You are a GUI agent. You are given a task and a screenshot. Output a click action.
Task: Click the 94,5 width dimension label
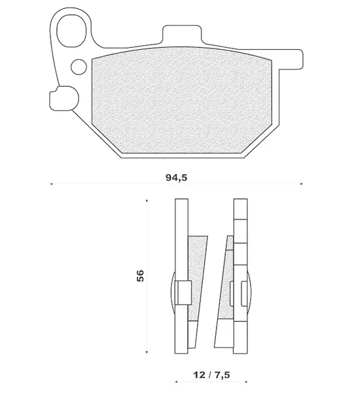(176, 178)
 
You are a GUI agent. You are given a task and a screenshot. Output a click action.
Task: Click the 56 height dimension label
(141, 276)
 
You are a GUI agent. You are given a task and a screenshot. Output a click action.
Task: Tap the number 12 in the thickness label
(199, 375)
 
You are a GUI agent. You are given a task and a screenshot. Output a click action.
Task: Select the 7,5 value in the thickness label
(221, 375)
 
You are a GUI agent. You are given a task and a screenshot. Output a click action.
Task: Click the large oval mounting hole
(71, 31)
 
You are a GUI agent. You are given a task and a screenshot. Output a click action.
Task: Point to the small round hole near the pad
(79, 67)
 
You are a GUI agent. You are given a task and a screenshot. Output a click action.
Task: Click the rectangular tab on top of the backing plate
(182, 34)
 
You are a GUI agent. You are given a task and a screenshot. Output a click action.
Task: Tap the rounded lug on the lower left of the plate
(64, 98)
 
